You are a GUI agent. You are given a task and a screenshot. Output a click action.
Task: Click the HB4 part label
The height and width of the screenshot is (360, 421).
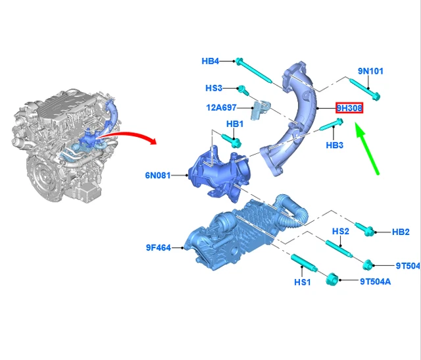[x=210, y=61]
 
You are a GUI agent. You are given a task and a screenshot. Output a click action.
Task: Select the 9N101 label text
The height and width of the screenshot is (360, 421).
[x=370, y=71]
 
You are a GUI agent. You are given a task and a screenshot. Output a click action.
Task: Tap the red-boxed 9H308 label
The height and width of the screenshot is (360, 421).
[x=349, y=108]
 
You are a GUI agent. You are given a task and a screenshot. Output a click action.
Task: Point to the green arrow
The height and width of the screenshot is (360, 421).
[x=367, y=148]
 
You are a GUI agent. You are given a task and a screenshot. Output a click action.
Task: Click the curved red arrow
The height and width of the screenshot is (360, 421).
[x=129, y=134]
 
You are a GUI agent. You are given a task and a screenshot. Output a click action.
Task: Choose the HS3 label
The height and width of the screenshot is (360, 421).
[x=214, y=88]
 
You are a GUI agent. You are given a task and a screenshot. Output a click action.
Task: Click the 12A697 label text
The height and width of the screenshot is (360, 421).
[x=221, y=108]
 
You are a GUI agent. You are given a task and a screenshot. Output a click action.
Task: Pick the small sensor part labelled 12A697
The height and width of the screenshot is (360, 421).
[x=260, y=109]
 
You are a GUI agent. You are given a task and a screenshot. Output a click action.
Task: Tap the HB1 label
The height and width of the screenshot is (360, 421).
[x=235, y=124]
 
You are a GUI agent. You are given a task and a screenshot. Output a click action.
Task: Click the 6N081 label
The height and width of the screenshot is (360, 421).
[x=158, y=176]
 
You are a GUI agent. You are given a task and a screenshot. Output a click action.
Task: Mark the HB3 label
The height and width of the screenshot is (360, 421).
[x=335, y=145]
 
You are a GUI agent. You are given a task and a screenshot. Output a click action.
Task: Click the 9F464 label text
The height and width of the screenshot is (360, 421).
[x=159, y=247]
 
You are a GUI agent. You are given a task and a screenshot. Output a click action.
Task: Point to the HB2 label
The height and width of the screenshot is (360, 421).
[x=401, y=232]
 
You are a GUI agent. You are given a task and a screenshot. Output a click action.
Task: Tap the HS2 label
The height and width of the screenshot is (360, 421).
[x=341, y=231]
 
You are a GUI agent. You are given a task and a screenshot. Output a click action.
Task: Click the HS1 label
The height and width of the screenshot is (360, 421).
[x=303, y=282]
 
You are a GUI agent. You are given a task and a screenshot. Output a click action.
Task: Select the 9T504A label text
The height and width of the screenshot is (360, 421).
[x=376, y=282]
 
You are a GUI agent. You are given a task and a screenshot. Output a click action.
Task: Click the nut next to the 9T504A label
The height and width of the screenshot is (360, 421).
[x=332, y=279]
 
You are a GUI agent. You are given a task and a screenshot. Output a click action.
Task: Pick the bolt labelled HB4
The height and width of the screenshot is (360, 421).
[x=254, y=71]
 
